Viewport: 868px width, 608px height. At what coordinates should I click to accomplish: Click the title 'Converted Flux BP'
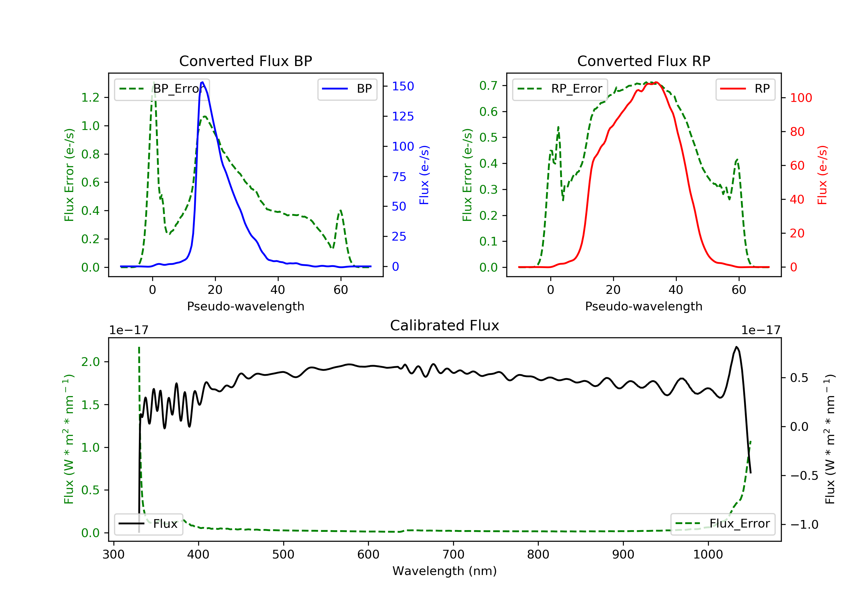tap(245, 61)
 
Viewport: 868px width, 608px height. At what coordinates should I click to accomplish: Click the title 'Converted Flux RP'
tap(643, 61)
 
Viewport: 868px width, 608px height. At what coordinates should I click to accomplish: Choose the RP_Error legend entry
tap(560, 89)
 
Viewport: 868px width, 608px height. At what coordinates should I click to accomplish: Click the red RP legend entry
tap(745, 89)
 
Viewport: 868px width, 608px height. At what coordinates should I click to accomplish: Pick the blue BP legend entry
tap(347, 89)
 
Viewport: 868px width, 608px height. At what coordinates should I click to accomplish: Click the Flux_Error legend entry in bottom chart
tap(722, 524)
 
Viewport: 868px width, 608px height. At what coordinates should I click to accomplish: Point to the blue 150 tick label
tap(403, 86)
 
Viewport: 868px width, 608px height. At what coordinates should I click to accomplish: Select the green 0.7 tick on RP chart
tap(488, 85)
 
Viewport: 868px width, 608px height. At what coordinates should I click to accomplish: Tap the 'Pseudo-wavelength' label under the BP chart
tap(245, 306)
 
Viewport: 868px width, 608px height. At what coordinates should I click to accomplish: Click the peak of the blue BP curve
tap(202, 82)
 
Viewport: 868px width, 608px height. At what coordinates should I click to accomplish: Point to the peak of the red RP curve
tap(656, 83)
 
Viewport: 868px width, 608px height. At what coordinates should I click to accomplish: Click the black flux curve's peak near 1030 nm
tap(736, 347)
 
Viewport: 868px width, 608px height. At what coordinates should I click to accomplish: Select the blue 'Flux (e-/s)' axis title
tap(424, 175)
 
